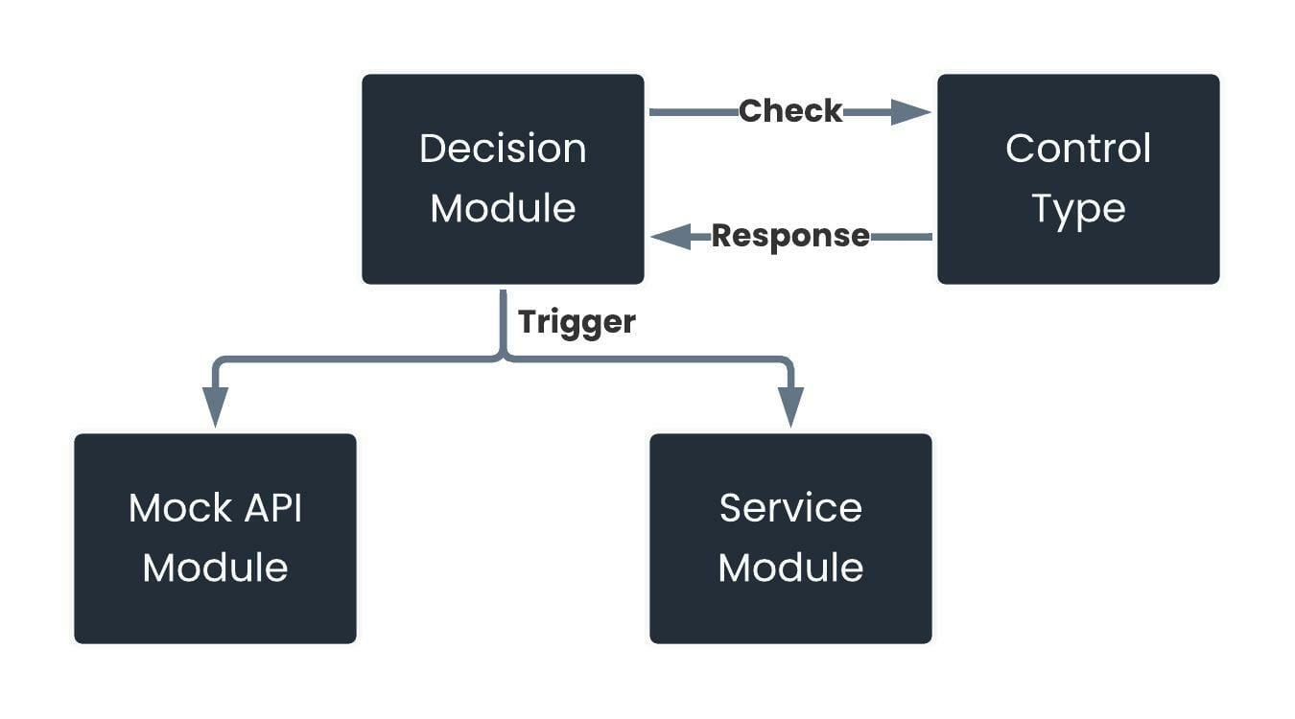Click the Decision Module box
click(x=503, y=179)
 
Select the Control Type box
click(x=1079, y=179)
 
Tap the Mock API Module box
click(x=215, y=539)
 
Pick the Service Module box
click(x=790, y=539)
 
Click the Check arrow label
click(x=790, y=110)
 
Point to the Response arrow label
click(x=790, y=237)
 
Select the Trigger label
click(x=577, y=322)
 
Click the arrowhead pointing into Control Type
click(x=910, y=112)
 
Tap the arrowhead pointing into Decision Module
click(x=671, y=237)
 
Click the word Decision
click(x=503, y=149)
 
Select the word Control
click(x=1079, y=149)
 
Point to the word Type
click(x=1079, y=209)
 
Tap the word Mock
click(x=180, y=508)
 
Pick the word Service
click(x=790, y=508)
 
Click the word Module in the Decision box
click(x=503, y=208)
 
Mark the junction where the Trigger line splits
click(x=503, y=359)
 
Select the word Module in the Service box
click(x=790, y=568)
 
